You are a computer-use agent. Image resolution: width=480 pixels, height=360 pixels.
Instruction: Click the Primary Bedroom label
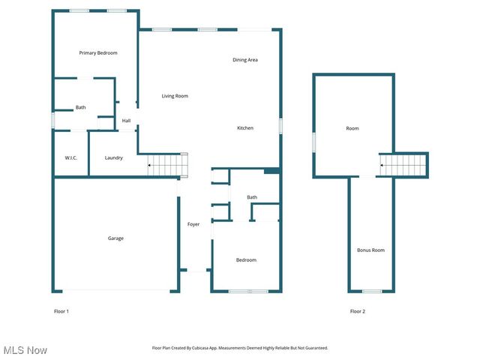[98, 53]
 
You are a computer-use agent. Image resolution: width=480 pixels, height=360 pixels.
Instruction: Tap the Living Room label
[175, 96]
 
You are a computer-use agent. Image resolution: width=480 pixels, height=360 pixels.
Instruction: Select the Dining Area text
[245, 60]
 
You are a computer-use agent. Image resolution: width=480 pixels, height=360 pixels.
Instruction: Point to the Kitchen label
[245, 128]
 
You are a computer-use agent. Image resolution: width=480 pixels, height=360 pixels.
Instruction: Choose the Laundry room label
[114, 157]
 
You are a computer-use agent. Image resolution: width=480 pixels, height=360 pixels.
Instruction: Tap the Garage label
[115, 238]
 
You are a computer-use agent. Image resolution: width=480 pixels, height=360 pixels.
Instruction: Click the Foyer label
[193, 224]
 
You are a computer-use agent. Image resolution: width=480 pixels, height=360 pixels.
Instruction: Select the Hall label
[126, 121]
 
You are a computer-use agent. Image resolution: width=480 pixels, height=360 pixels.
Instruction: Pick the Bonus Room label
[370, 250]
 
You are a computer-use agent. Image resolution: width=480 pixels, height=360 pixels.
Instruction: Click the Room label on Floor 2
[352, 128]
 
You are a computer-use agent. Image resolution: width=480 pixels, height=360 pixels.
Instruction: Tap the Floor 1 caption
[61, 310]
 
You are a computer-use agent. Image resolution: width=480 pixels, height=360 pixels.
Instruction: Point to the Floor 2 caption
[358, 310]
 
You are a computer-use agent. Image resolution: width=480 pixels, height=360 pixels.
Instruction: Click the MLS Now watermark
[25, 350]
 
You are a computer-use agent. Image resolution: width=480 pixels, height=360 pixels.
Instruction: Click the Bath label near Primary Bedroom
[80, 107]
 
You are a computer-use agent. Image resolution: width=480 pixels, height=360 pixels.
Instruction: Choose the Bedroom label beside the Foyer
[246, 260]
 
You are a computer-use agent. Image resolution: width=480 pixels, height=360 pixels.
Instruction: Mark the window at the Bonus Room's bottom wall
[371, 291]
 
